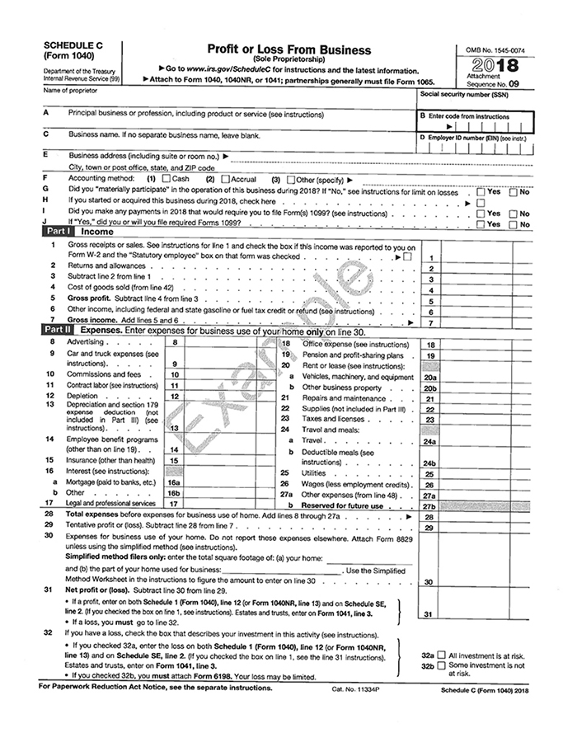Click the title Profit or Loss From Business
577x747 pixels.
point(288,50)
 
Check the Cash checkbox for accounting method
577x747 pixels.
point(167,179)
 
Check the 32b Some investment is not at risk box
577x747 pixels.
point(442,665)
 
